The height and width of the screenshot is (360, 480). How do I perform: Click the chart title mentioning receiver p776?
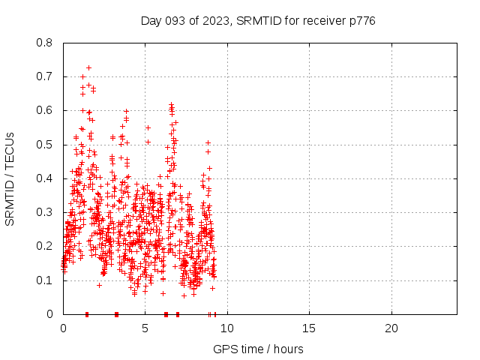pos(258,21)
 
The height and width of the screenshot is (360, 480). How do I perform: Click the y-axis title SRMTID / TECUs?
pos(10,178)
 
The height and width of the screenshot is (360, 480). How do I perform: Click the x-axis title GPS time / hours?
pos(258,349)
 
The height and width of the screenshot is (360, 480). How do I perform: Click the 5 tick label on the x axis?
pos(145,328)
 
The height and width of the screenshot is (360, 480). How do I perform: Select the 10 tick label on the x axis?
pos(227,328)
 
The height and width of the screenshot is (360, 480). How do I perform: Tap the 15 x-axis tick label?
pos(309,328)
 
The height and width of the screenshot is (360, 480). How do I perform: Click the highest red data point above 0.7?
pos(88,67)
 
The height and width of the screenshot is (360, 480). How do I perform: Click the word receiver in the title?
pos(325,21)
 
